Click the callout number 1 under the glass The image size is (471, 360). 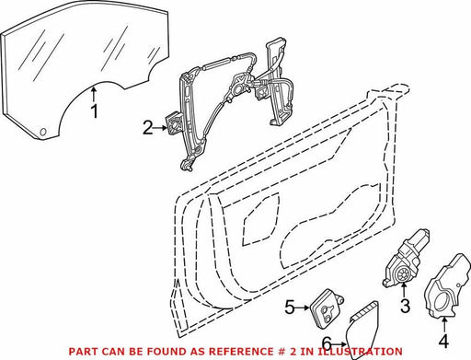pos(95,111)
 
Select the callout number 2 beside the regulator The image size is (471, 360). pos(148,128)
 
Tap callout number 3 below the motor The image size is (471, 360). pos(405,306)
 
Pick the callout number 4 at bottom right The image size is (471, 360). pos(443,341)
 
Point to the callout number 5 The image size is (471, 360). pos(290,308)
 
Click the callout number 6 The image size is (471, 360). pos(327,343)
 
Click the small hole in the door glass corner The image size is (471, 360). pos(43,132)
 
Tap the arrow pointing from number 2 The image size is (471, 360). pos(160,128)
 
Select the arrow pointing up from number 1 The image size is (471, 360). pos(94,95)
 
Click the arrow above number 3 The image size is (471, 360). pos(404,290)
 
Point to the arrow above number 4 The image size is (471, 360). pos(444,326)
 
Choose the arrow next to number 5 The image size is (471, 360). pos(304,308)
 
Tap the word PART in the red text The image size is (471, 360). pos(80,351)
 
